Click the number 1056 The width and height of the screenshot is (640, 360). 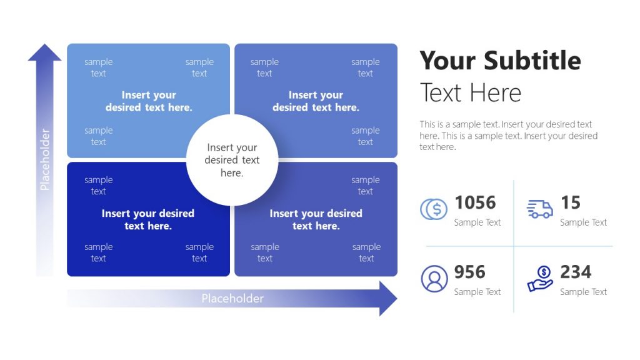[475, 202]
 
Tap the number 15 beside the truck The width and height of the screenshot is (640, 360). [570, 202]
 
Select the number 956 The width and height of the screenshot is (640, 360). [469, 272]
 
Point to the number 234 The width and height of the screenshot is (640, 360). [576, 272]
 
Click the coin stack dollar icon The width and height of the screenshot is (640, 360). [434, 209]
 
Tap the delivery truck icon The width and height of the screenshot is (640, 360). [540, 209]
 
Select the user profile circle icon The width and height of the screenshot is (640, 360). [434, 279]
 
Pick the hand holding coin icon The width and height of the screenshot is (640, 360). [540, 279]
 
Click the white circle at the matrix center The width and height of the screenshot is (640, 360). [232, 160]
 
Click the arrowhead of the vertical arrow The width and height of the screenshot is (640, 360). [44, 52]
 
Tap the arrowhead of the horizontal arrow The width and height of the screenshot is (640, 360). [387, 298]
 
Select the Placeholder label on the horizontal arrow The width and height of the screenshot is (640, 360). [232, 299]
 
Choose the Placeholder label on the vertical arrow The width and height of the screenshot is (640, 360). [44, 159]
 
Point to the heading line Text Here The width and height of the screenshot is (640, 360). [470, 93]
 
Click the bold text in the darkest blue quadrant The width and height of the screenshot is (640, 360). [148, 219]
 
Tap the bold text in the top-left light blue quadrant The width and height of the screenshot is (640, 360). [149, 101]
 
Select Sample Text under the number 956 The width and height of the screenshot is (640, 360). [477, 292]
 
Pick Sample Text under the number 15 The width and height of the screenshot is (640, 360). [583, 222]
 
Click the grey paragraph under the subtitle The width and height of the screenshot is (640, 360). [508, 136]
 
